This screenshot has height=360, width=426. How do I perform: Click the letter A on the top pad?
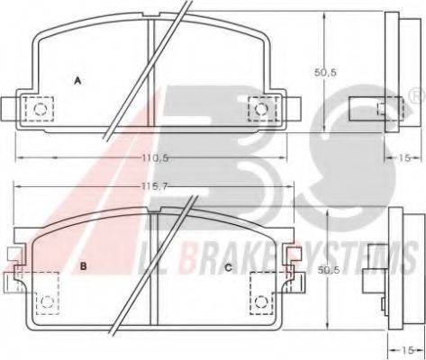[x=77, y=81]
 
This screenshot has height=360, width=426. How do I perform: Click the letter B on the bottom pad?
[x=84, y=265]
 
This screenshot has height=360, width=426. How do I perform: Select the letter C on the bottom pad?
[x=229, y=267]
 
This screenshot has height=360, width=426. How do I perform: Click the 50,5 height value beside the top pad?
[x=325, y=72]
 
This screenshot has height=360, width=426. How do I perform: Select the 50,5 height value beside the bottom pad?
[x=328, y=270]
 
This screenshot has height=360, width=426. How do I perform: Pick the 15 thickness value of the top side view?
[x=404, y=157]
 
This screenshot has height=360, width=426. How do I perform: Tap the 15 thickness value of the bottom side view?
[x=408, y=350]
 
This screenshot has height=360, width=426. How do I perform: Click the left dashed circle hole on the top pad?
[x=40, y=109]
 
